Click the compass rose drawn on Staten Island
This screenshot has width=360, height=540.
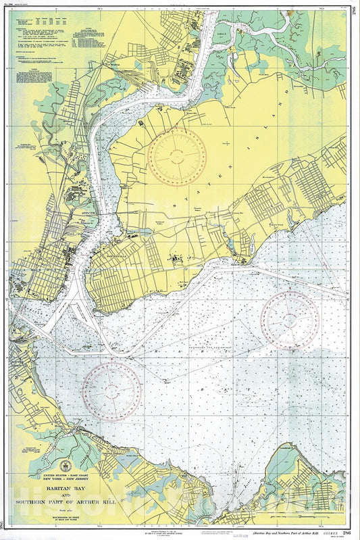point(177,157)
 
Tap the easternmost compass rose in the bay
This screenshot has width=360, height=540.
point(290,320)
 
